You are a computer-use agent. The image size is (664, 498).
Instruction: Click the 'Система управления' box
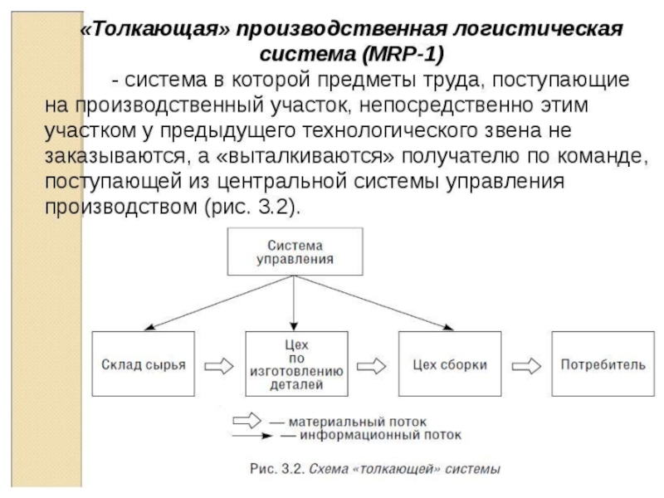295,252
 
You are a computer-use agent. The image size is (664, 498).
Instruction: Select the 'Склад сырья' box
143,364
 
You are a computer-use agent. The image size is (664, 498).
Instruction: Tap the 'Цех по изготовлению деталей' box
295,364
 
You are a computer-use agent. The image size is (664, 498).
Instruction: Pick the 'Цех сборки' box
449,364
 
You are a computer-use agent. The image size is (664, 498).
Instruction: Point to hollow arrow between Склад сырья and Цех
219,364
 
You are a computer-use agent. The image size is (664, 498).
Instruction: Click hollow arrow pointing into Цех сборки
373,364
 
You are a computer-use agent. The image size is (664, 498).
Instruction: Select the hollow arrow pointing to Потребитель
526,364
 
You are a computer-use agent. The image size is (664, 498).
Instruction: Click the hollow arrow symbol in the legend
251,418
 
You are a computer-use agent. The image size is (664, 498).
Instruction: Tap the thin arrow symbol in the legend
251,434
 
